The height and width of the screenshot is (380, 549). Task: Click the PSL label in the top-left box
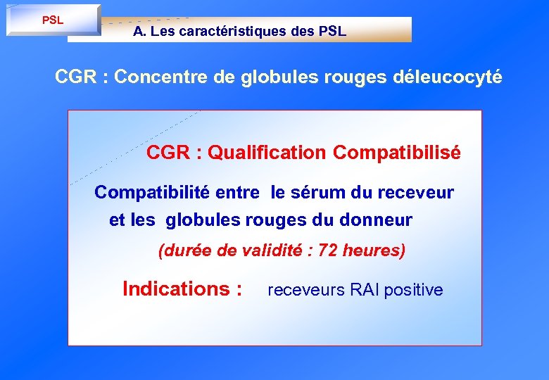click(x=53, y=20)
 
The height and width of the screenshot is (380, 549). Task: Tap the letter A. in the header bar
click(x=139, y=32)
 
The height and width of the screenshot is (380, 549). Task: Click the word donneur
click(x=376, y=220)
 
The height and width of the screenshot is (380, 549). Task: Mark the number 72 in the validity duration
click(x=328, y=251)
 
